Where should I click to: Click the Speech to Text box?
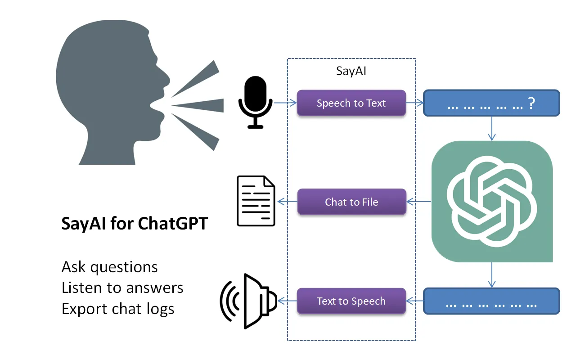(351, 103)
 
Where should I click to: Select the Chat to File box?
(351, 202)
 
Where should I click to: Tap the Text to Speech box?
(351, 301)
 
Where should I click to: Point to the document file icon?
(256, 201)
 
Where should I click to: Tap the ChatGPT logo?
(492, 202)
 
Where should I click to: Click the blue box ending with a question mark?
(491, 103)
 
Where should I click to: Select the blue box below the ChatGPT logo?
(491, 301)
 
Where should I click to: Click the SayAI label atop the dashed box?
(351, 72)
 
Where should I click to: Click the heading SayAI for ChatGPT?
(135, 224)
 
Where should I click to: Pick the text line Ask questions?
(109, 267)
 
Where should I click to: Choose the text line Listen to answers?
(122, 288)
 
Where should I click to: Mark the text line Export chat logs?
(118, 309)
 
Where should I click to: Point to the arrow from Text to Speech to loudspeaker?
(287, 301)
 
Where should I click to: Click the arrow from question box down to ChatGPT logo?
(492, 129)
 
